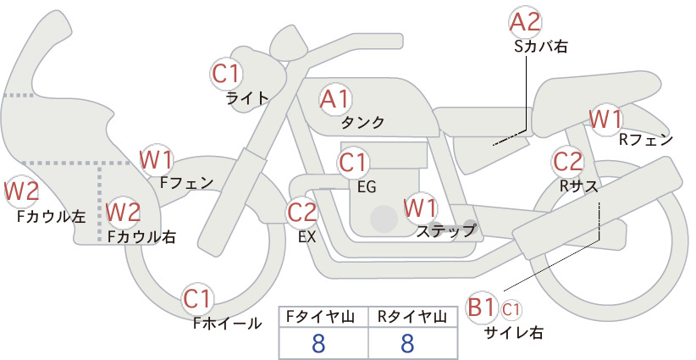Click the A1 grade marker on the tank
335,99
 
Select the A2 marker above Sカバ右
525,22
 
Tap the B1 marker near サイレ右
481,307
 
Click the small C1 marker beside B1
511,309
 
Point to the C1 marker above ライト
226,74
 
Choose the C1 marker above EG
353,163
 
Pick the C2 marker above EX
301,212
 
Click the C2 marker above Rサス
567,162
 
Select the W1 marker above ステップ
420,208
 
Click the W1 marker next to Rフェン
606,119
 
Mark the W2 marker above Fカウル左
21,191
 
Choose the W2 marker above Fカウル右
124,212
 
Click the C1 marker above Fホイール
197,299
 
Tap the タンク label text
362,123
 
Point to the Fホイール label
227,324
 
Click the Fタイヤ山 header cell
323,317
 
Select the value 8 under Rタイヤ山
407,343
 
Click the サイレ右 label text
514,333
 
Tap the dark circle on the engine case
384,219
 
